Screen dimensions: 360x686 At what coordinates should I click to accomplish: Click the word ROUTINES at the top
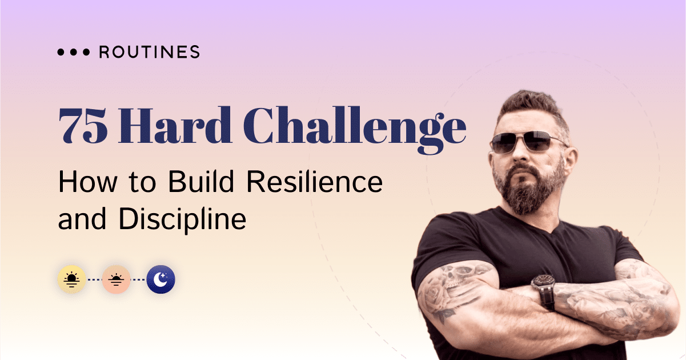click(x=150, y=53)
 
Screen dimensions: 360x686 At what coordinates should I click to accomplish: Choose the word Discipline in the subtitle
click(x=182, y=220)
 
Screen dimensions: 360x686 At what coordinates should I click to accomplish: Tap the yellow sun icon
click(x=72, y=279)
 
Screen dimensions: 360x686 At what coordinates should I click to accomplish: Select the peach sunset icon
click(x=117, y=279)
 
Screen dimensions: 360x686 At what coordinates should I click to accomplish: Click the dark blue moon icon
click(x=161, y=279)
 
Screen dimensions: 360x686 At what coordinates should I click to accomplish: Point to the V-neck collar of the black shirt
click(x=543, y=231)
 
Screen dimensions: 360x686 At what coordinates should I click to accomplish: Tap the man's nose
click(x=517, y=157)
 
